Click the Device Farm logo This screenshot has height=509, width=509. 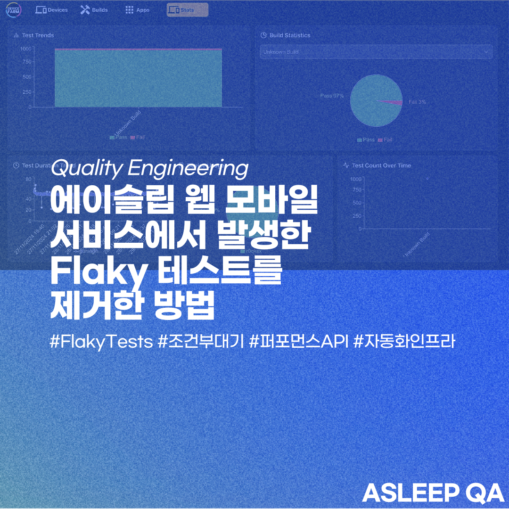(x=13, y=10)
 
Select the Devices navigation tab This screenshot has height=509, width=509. (x=52, y=10)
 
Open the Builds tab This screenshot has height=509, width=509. (x=94, y=10)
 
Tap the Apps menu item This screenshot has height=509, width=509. (x=137, y=10)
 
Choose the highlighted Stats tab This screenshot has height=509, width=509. (x=187, y=10)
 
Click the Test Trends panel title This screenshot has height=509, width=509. (x=38, y=35)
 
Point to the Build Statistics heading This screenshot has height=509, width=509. (x=289, y=35)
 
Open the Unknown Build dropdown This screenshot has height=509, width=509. (x=376, y=52)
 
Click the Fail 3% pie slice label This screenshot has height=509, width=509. (x=417, y=102)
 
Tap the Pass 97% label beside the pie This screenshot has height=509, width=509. (x=332, y=96)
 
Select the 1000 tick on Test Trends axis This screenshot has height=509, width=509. (x=26, y=49)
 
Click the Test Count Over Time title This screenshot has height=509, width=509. (x=381, y=165)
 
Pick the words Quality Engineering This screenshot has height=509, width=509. (x=149, y=169)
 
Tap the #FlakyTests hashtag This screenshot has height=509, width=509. (x=101, y=342)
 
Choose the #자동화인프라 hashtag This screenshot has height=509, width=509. (x=404, y=342)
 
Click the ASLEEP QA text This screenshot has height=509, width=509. (x=433, y=493)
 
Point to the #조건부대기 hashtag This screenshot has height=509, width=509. (x=201, y=342)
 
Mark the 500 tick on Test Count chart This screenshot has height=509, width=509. (x=356, y=203)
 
